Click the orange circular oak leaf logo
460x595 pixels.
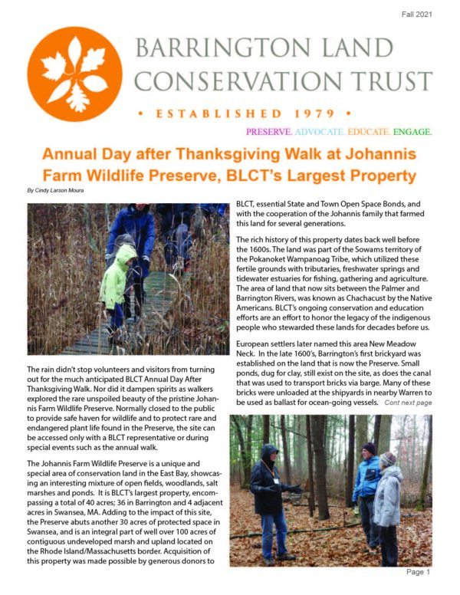click(x=74, y=74)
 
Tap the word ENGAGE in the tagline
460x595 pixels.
click(x=412, y=131)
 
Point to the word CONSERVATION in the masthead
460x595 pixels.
click(x=237, y=80)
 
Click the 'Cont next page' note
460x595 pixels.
click(x=408, y=403)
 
